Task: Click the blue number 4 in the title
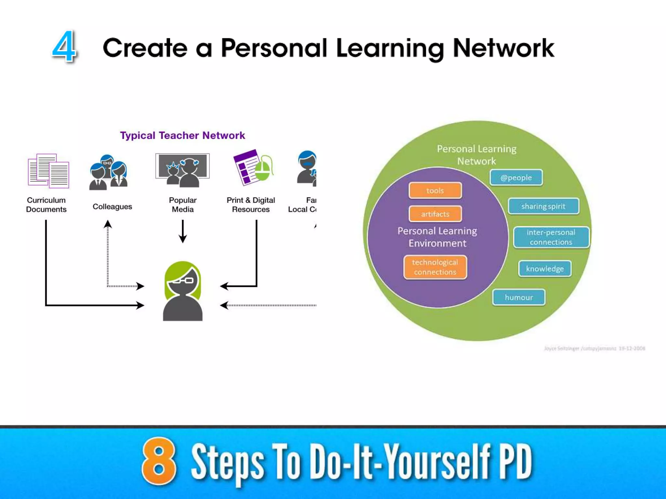[x=64, y=46]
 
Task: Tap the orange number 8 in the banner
[x=159, y=461]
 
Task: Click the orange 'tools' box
[x=435, y=190]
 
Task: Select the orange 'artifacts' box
[x=435, y=214]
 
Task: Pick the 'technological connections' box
[x=435, y=267]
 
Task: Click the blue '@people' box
[x=516, y=177]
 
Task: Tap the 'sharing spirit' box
[x=543, y=206]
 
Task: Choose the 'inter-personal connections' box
[x=551, y=237]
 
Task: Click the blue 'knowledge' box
[x=545, y=269]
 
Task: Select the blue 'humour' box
[x=519, y=297]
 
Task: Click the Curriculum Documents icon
[x=48, y=171]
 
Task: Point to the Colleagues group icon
[x=108, y=172]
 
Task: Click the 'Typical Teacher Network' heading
[x=182, y=135]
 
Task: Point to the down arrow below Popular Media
[x=183, y=231]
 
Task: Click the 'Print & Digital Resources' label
[x=251, y=205]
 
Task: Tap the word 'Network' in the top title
[x=503, y=48]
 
